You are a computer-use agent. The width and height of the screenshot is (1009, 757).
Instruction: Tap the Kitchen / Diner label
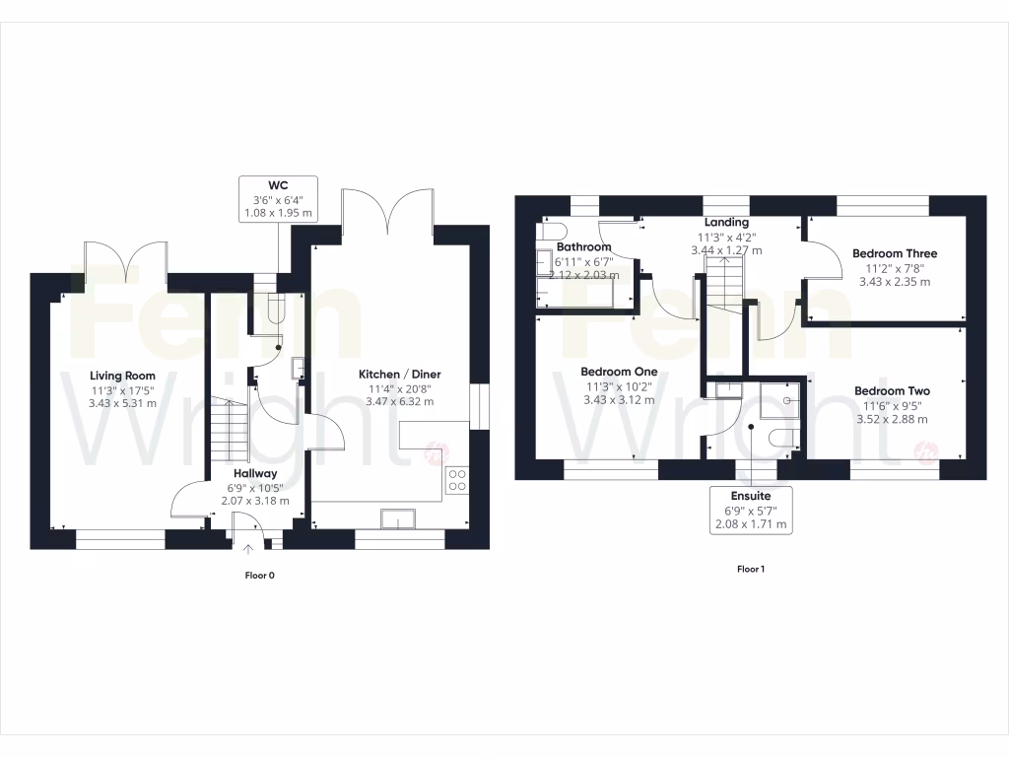point(399,375)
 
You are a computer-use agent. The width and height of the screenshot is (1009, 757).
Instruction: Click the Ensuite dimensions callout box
point(751,510)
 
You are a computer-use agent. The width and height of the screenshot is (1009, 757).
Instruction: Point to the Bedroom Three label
point(895,253)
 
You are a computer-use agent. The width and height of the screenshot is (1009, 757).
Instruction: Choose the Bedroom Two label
point(892,391)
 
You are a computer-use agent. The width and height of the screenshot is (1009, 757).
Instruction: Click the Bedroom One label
point(620,372)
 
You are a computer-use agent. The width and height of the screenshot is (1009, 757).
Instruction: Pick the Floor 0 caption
point(259,575)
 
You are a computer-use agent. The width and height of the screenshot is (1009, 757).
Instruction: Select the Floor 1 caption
point(751,569)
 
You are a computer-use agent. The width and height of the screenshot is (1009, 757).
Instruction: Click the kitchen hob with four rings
point(458,480)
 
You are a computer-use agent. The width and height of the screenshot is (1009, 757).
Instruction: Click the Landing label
point(725,223)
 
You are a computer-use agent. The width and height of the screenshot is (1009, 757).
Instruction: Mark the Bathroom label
point(584,247)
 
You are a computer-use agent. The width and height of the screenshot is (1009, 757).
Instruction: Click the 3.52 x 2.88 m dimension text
point(892,419)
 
